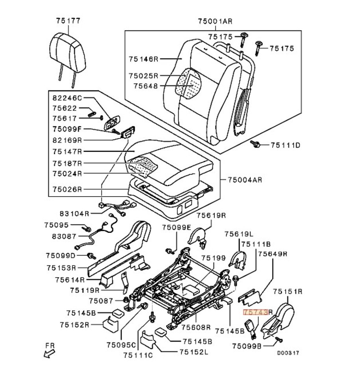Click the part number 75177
68,21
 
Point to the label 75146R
143,59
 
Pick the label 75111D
285,145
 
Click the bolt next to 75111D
256,145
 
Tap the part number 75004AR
244,180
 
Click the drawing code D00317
289,353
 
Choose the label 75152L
194,352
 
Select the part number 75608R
196,327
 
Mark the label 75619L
239,234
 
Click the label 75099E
177,227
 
